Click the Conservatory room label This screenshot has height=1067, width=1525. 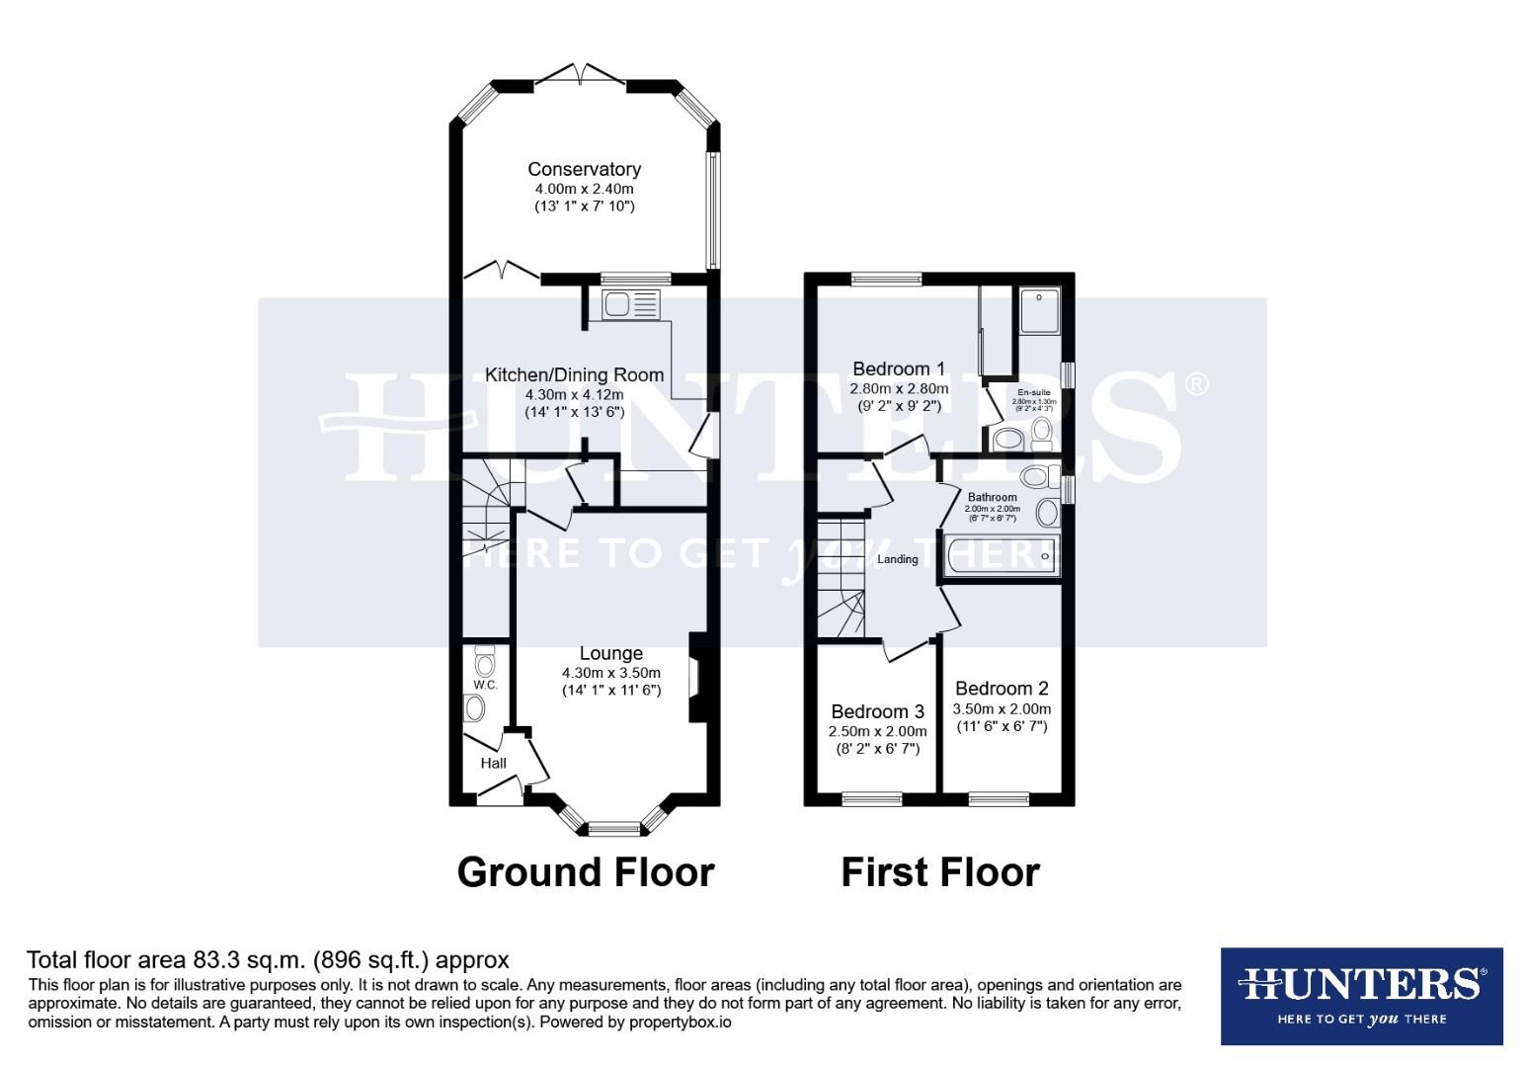click(584, 169)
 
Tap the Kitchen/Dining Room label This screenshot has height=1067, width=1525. click(574, 374)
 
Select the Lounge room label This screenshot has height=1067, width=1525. click(610, 653)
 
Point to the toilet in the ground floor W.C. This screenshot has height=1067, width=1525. click(483, 659)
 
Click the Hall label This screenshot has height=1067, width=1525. click(493, 763)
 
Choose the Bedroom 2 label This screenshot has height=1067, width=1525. click(1001, 689)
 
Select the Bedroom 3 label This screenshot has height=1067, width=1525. click(877, 711)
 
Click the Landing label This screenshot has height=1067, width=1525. click(897, 559)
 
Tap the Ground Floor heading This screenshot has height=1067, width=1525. click(586, 872)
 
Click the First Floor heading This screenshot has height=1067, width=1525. click(939, 872)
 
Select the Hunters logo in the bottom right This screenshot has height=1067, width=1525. click(1361, 995)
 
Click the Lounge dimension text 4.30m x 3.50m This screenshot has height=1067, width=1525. click(610, 673)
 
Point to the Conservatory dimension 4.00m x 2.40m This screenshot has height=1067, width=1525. click(584, 189)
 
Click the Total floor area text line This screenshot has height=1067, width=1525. click(268, 959)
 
